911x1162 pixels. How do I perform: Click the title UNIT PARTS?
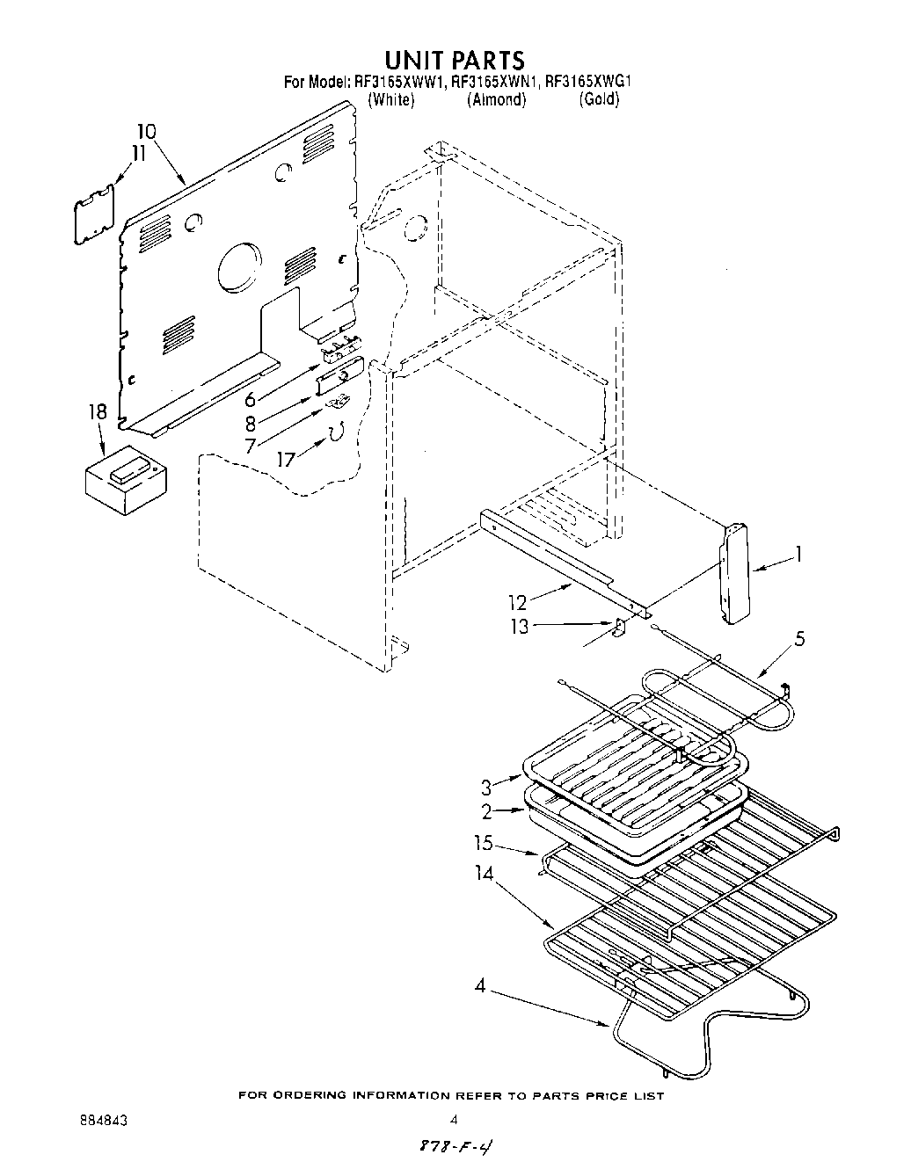pyautogui.click(x=455, y=59)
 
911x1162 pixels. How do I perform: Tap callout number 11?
pyautogui.click(x=137, y=153)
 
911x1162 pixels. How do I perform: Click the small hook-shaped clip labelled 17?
pyautogui.click(x=336, y=432)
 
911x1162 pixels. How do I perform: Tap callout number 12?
pyautogui.click(x=517, y=602)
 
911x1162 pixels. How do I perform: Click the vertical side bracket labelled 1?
pyautogui.click(x=734, y=573)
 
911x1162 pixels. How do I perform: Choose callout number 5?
pyautogui.click(x=798, y=639)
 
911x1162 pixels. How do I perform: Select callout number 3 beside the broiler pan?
pyautogui.click(x=486, y=786)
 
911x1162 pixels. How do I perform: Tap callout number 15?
pyautogui.click(x=482, y=844)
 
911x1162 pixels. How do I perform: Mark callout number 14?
pyautogui.click(x=485, y=873)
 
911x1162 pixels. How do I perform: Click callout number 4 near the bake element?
pyautogui.click(x=479, y=985)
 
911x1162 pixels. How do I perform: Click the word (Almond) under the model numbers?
pyautogui.click(x=497, y=99)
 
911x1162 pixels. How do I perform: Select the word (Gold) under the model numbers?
pyautogui.click(x=599, y=99)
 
